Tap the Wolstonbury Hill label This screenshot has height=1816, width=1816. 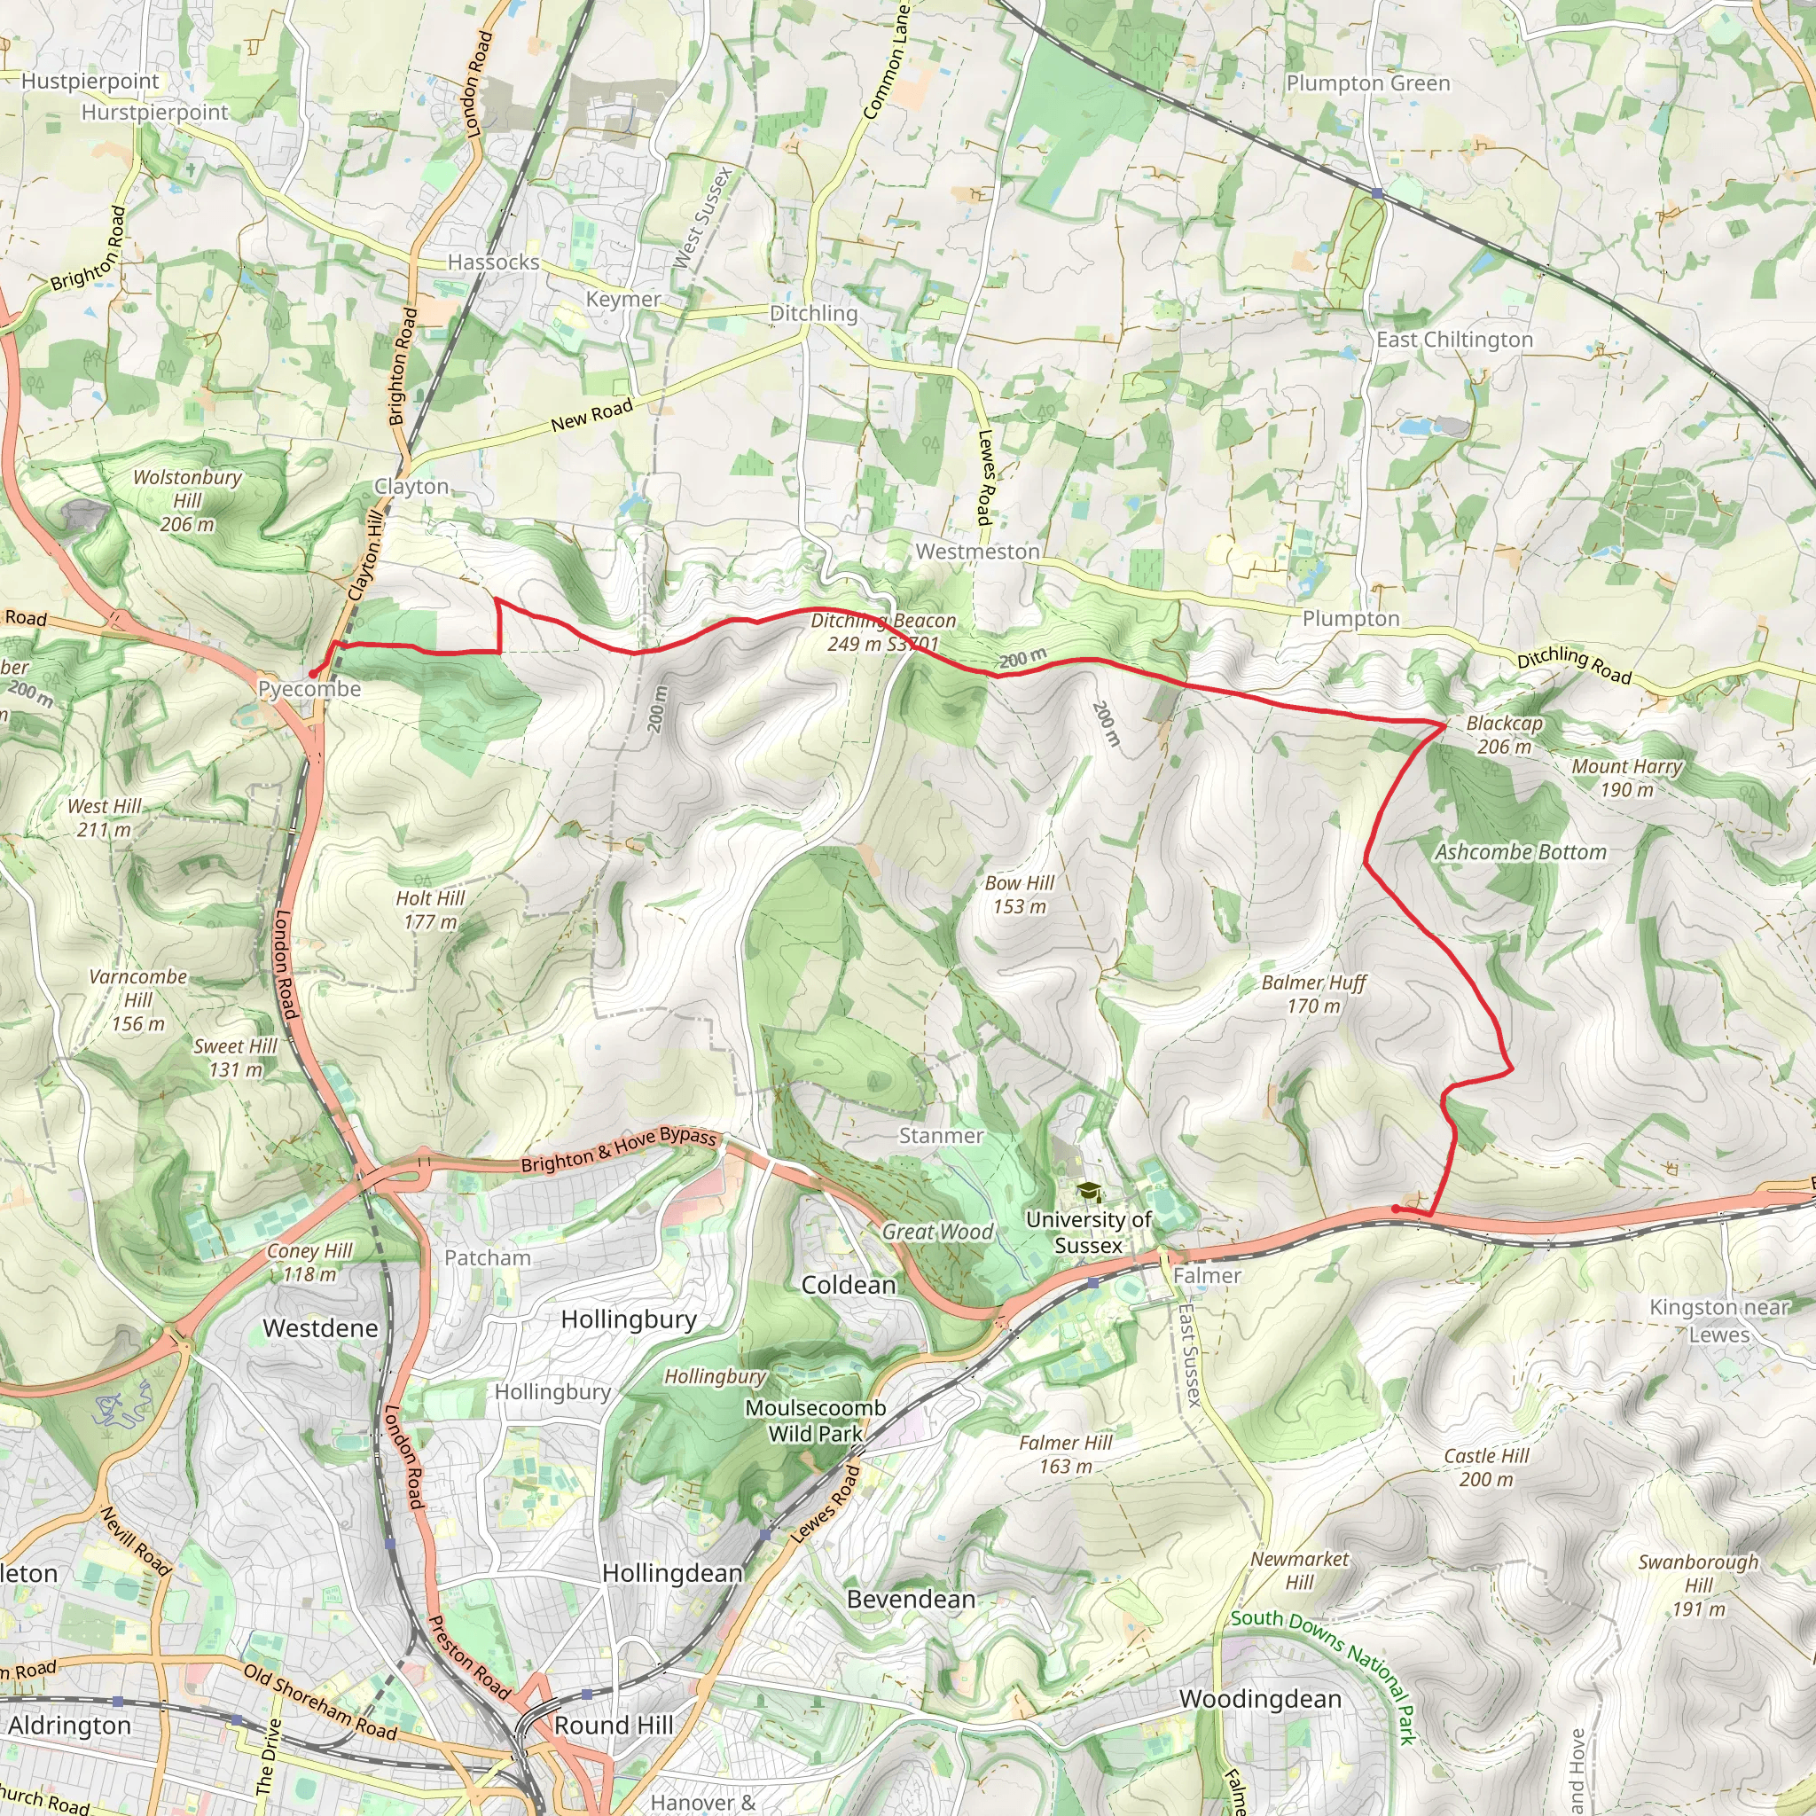click(187, 500)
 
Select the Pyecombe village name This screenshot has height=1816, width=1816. click(309, 689)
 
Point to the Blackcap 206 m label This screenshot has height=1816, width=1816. click(1504, 734)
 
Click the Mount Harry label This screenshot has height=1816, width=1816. click(1627, 778)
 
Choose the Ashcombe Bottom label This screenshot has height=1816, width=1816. click(1520, 852)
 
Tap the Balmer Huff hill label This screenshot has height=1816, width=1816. click(1313, 993)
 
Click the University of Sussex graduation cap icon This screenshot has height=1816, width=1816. click(1089, 1192)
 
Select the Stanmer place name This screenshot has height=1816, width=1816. click(941, 1136)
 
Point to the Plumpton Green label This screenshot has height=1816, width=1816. click(1367, 83)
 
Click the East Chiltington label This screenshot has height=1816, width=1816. click(1454, 340)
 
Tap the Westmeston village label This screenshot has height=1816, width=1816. click(977, 552)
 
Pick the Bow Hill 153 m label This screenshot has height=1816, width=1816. click(1019, 894)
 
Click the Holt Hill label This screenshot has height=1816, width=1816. click(429, 910)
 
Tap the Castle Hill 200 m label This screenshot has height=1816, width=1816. click(1486, 1467)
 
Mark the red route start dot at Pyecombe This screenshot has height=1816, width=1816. click(312, 674)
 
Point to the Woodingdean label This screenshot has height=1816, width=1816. click(1259, 1698)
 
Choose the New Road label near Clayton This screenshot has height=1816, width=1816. click(591, 414)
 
